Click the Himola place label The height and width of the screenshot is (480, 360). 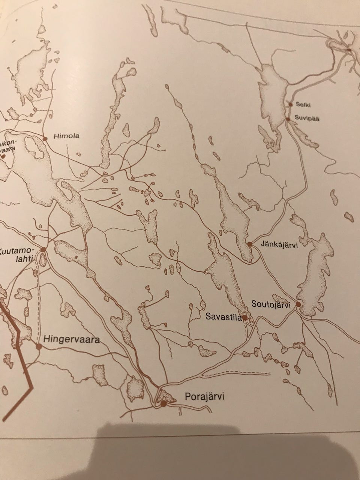tap(66, 136)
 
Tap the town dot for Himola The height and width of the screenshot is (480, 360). tap(45, 139)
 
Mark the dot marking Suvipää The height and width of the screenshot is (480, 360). tap(287, 119)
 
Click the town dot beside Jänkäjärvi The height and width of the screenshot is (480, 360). tap(250, 244)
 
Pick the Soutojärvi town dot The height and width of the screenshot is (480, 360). tap(298, 304)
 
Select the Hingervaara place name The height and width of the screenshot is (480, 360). tap(71, 340)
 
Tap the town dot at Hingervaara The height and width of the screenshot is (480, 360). tap(38, 346)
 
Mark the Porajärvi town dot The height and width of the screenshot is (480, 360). tap(163, 403)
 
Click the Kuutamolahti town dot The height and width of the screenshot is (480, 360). tap(43, 249)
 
